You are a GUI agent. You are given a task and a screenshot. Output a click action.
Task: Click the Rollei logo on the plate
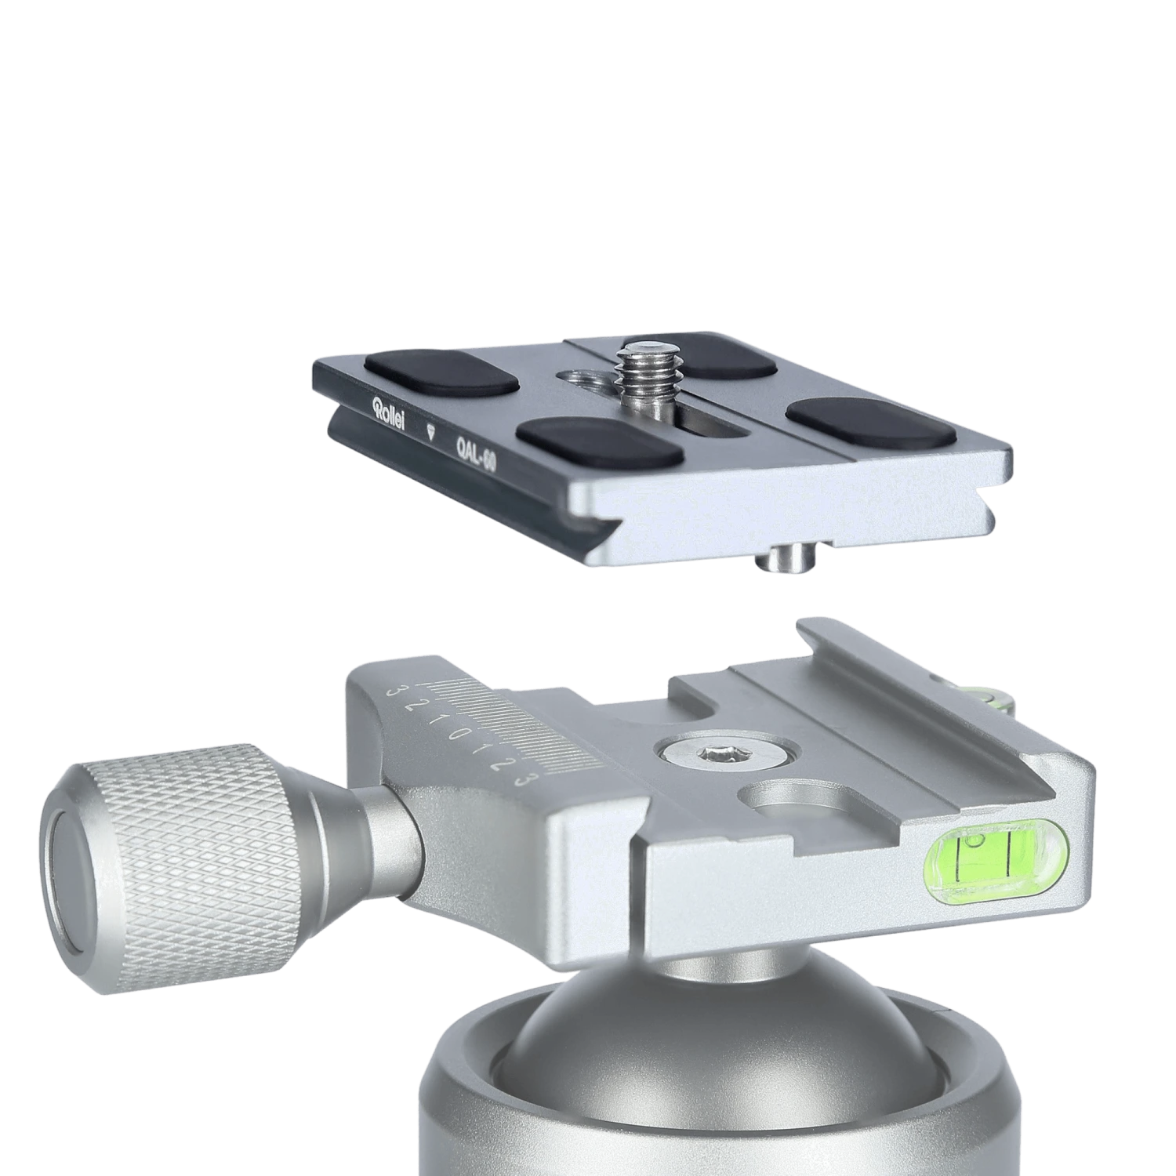tap(389, 412)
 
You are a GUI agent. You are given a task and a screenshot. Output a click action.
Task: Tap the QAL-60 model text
tap(475, 455)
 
